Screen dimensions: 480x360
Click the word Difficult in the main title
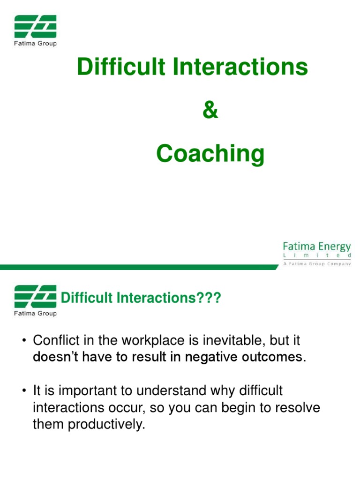121,67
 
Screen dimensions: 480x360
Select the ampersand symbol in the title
210,111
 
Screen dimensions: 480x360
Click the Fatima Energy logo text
316,247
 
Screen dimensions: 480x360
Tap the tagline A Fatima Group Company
317,264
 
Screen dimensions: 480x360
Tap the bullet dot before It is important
22,390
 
